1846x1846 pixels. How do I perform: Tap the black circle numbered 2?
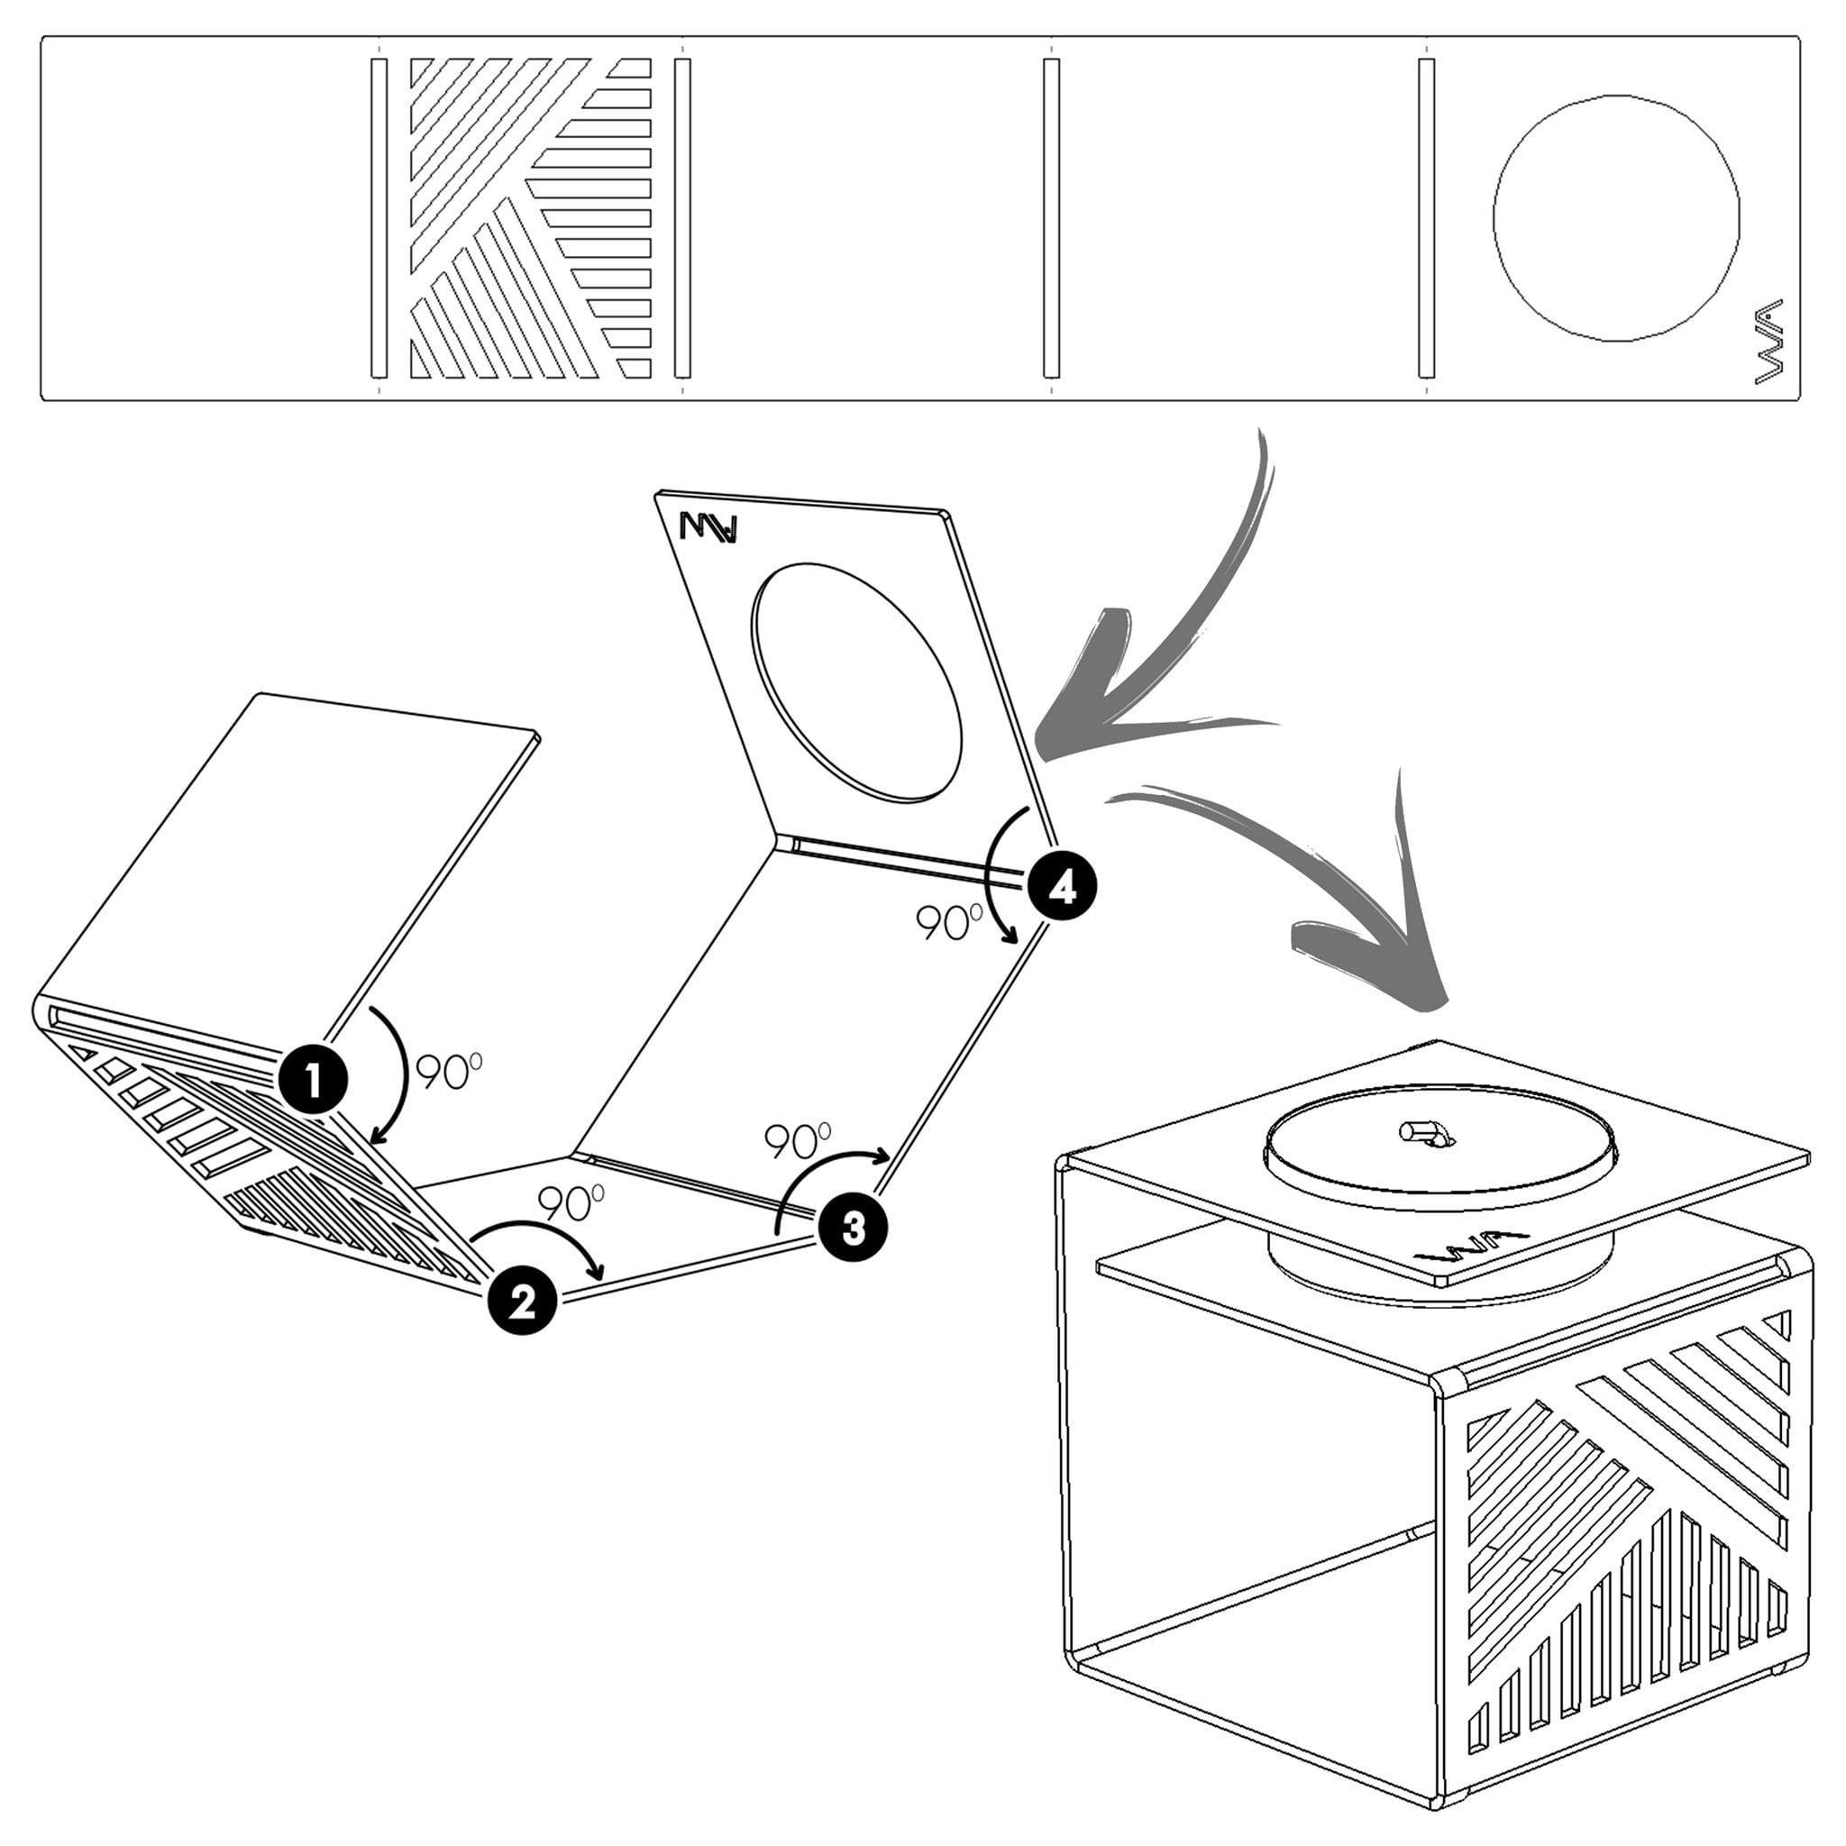(x=522, y=1300)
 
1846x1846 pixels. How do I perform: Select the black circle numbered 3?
(x=853, y=1228)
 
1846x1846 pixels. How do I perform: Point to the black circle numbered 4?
(x=1062, y=889)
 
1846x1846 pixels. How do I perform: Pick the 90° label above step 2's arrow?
(x=571, y=1203)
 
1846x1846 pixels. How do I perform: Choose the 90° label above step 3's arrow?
(x=798, y=1139)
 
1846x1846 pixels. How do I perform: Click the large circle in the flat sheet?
(x=1616, y=217)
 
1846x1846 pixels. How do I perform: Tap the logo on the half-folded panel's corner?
(x=708, y=527)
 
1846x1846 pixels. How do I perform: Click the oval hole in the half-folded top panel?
(x=856, y=681)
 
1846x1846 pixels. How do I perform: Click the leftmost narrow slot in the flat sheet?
(x=379, y=217)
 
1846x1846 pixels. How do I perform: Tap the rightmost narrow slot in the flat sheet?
(x=1427, y=217)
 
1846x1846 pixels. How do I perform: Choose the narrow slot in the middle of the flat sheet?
(x=1051, y=217)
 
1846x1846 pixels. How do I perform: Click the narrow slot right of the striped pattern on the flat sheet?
(x=682, y=217)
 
